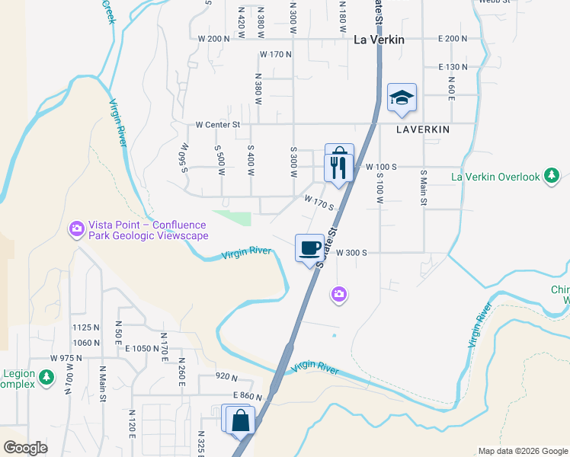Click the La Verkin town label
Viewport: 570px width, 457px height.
(379, 40)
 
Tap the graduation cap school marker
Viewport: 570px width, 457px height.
(402, 97)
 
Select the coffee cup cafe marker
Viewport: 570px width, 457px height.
(309, 248)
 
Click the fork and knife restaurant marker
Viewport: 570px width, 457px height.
(339, 166)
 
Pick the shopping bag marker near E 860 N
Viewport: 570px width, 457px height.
(240, 420)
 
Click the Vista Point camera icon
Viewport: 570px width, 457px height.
(76, 228)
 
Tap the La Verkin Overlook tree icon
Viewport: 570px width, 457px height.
(552, 177)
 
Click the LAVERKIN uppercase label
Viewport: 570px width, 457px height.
(423, 129)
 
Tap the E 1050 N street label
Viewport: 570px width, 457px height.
(139, 347)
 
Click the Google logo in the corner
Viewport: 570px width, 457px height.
(25, 448)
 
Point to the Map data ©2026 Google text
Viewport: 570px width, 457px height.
(523, 451)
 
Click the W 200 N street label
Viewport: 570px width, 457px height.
(213, 39)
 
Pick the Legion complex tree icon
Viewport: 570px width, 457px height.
(46, 377)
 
